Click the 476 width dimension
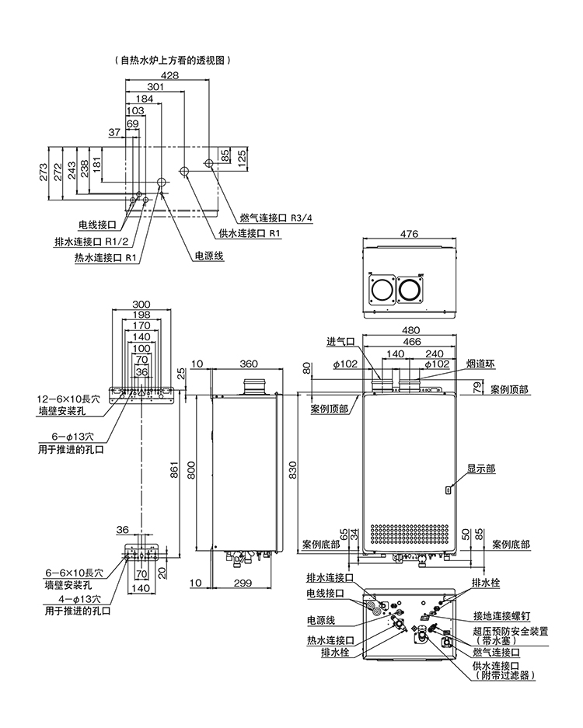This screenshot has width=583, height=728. click(x=410, y=234)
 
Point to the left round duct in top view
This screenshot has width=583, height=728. click(x=382, y=292)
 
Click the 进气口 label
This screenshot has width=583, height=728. click(x=340, y=342)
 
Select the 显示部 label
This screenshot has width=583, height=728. click(x=481, y=469)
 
